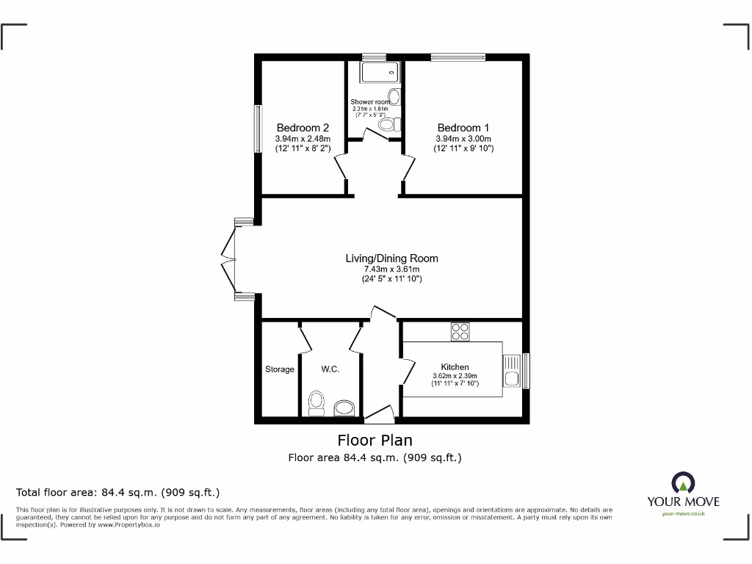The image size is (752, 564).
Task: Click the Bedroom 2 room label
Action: click(x=303, y=128)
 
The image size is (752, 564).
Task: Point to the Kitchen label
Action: click(x=455, y=367)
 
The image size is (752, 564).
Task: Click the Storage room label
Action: click(x=279, y=369)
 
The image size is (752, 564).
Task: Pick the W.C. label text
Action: click(x=330, y=369)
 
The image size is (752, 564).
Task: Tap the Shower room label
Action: click(x=370, y=102)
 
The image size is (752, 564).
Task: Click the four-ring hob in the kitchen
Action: click(x=460, y=332)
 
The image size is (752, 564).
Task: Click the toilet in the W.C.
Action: click(x=317, y=403)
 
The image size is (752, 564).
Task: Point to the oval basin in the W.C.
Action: click(x=344, y=408)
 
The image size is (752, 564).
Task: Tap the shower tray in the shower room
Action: click(x=380, y=71)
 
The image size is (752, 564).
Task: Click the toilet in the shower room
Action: click(x=388, y=125)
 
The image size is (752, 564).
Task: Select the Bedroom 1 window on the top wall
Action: click(x=458, y=57)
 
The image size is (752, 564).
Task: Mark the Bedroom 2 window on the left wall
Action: click(x=258, y=129)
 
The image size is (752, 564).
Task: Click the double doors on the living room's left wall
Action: click(x=231, y=258)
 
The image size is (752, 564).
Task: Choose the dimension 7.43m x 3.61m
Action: click(x=391, y=269)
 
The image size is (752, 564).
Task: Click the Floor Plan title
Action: click(x=375, y=440)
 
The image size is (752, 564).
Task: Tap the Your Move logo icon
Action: click(x=682, y=482)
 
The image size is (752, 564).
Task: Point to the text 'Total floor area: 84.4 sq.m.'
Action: click(x=117, y=492)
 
